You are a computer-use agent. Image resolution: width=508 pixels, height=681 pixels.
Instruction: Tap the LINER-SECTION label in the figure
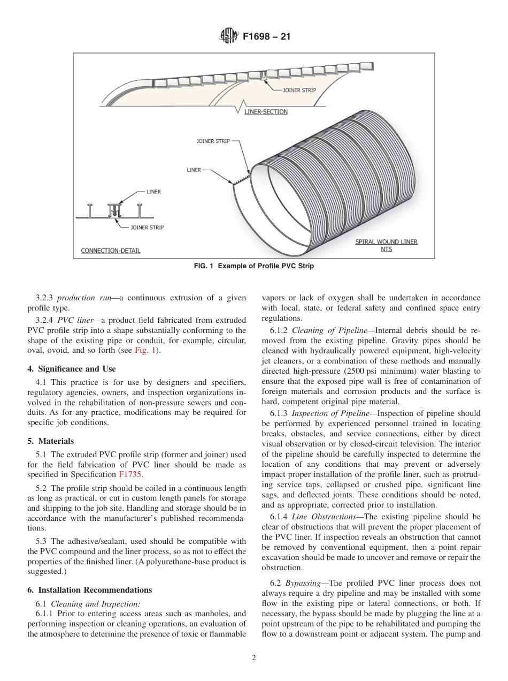[266, 112]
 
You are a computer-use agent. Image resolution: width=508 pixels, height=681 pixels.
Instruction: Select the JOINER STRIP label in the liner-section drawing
[299, 90]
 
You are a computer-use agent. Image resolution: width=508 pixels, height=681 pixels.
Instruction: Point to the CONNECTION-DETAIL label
[111, 251]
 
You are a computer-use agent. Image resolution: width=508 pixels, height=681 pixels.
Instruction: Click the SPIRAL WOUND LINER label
[386, 242]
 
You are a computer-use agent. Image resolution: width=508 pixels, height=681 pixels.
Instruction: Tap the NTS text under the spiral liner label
[386, 249]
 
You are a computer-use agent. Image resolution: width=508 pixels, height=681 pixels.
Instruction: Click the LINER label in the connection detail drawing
[153, 191]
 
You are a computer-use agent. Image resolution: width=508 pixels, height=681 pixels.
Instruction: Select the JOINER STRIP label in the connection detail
[147, 228]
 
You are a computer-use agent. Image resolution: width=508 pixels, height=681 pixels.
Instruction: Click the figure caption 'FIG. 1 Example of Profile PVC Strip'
[253, 267]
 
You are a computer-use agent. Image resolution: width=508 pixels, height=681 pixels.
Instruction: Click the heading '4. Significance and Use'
[71, 369]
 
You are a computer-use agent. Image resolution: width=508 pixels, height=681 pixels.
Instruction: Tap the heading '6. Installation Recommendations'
[89, 590]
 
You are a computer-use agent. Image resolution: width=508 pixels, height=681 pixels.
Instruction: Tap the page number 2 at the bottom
[254, 659]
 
